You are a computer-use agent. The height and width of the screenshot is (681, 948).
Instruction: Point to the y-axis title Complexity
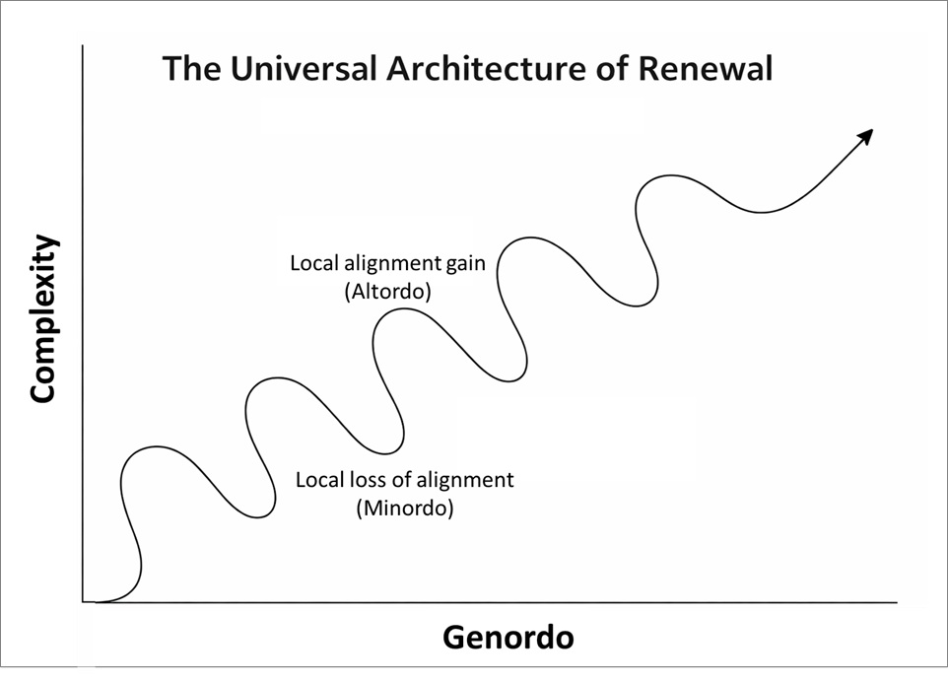42,319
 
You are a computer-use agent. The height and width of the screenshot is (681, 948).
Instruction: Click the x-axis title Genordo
508,637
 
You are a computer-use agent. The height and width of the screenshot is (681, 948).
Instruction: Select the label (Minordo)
405,509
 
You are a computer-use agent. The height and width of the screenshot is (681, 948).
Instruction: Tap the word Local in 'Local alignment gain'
311,264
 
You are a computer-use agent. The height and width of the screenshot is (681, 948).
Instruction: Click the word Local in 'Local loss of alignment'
317,480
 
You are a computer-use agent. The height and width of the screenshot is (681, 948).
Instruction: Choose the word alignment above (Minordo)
463,480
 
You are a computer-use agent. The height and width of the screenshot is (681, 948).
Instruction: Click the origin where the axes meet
85,601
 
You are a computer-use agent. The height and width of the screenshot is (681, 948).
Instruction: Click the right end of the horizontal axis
896,601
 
